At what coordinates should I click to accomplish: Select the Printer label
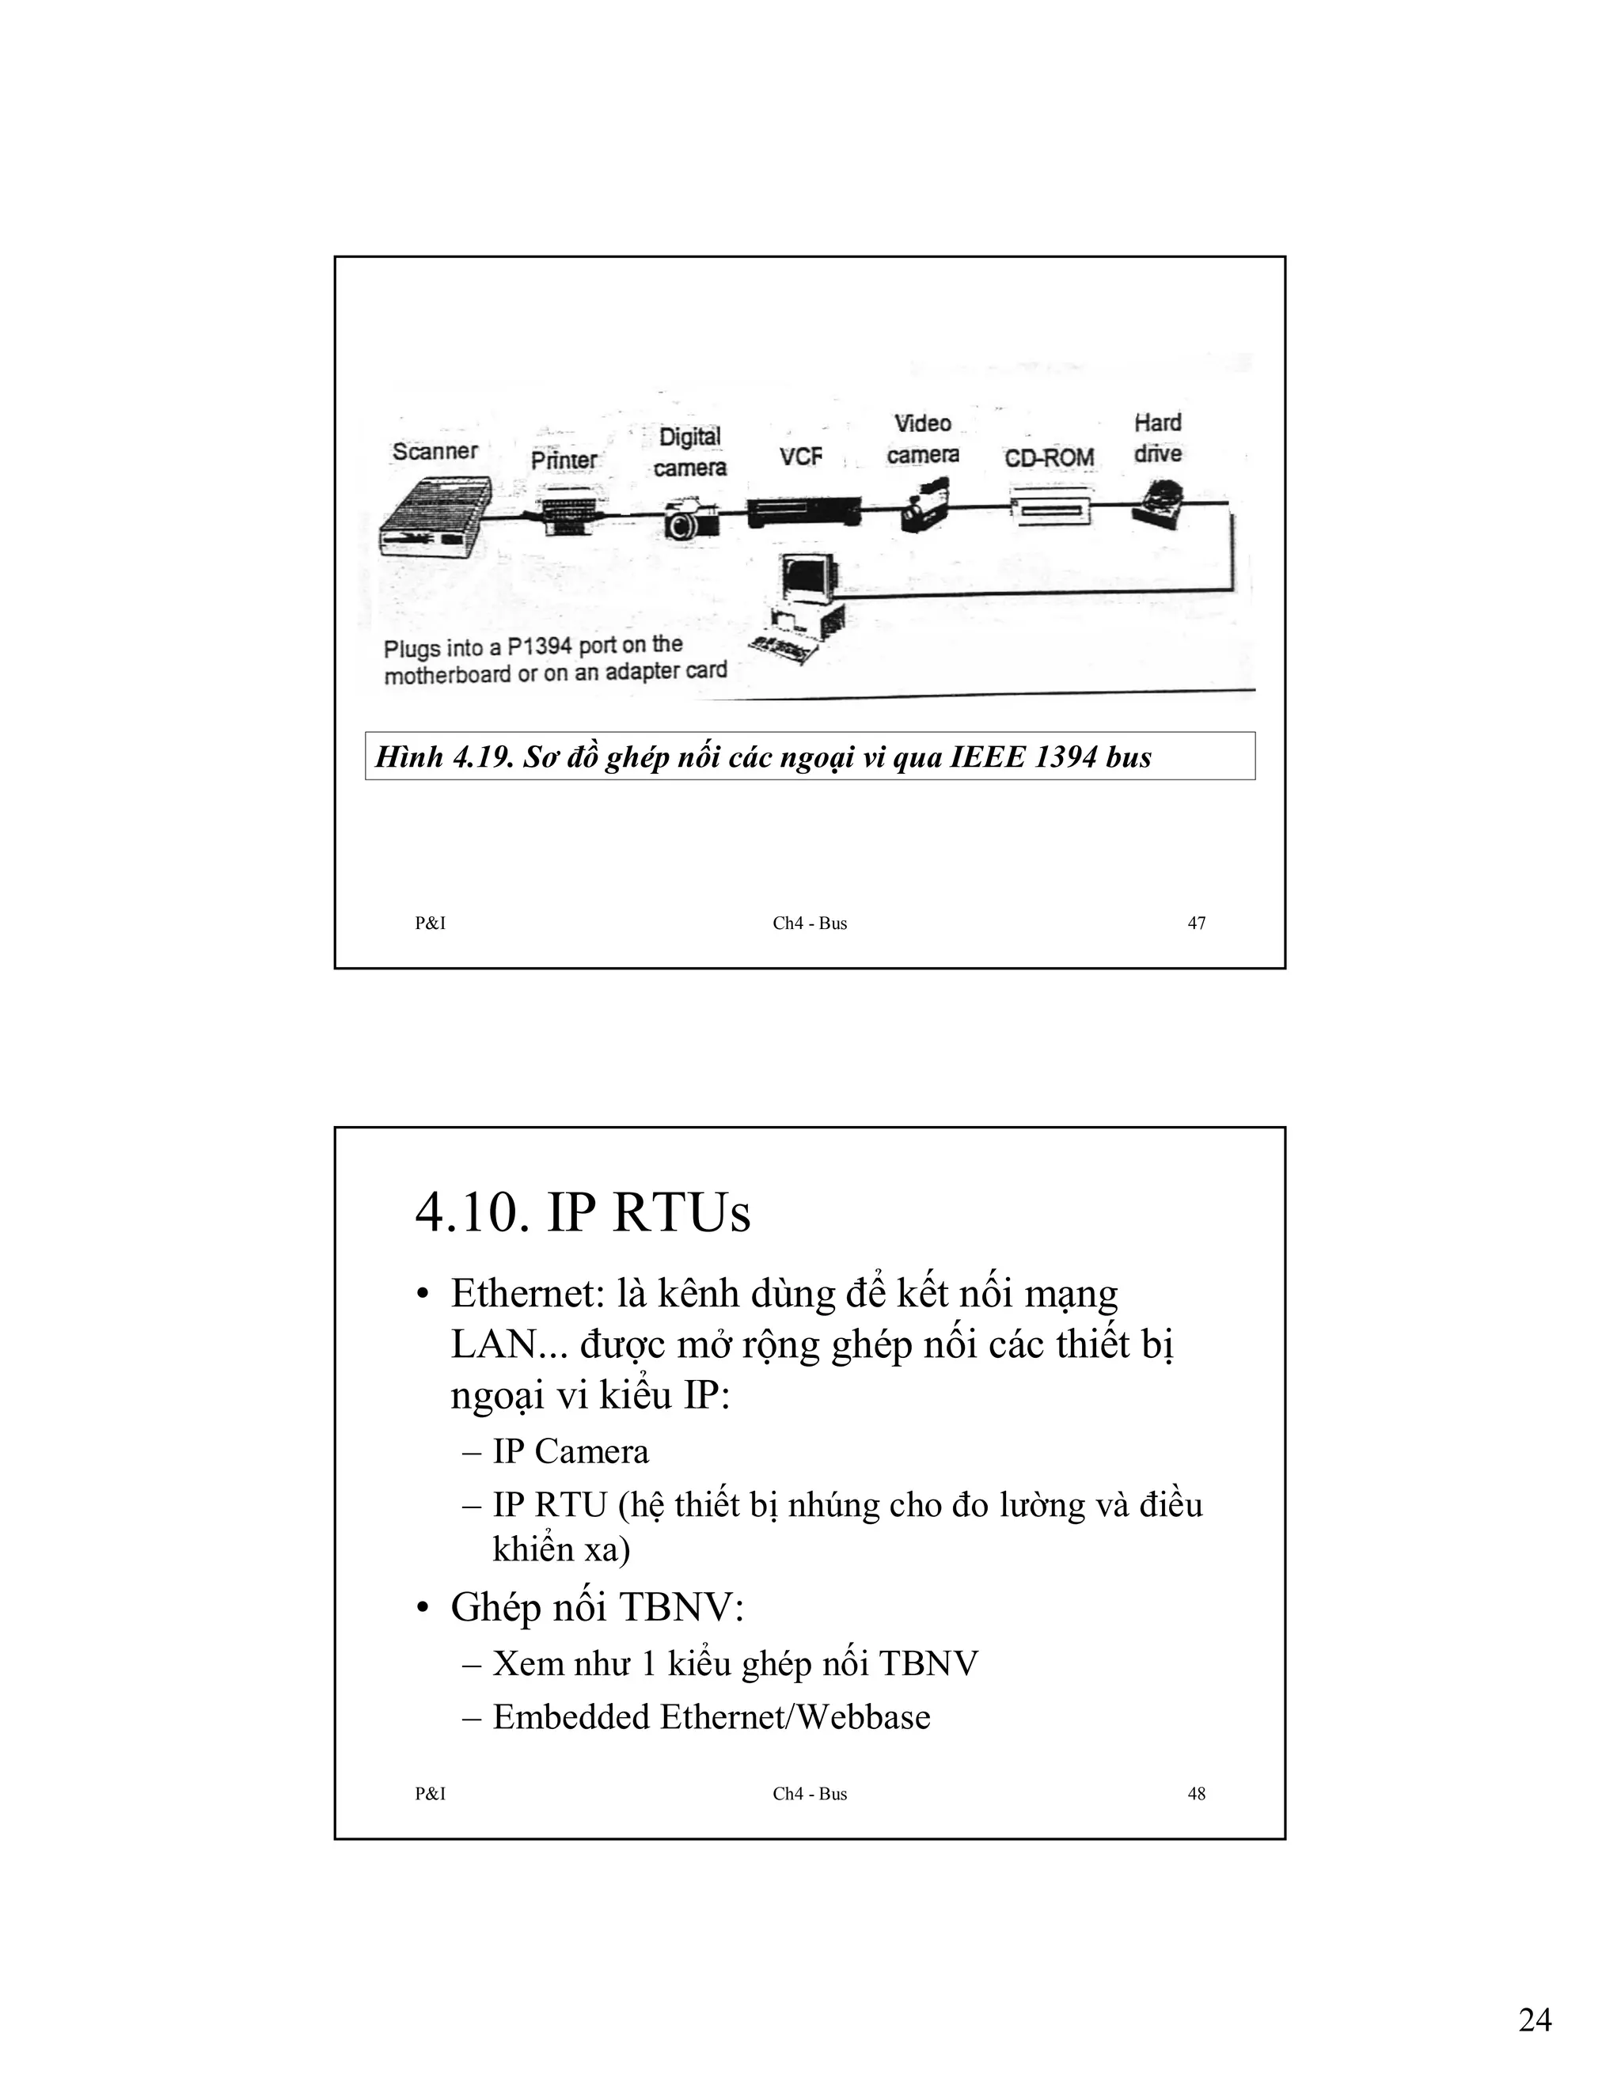click(564, 460)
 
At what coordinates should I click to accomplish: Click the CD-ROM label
click(1049, 457)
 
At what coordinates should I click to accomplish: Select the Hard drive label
click(1157, 438)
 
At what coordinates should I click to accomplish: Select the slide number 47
click(1196, 923)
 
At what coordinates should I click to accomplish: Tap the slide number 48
click(1196, 1794)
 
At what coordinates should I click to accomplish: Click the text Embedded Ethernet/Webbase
click(711, 1717)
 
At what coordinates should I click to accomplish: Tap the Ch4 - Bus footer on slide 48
click(810, 1794)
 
